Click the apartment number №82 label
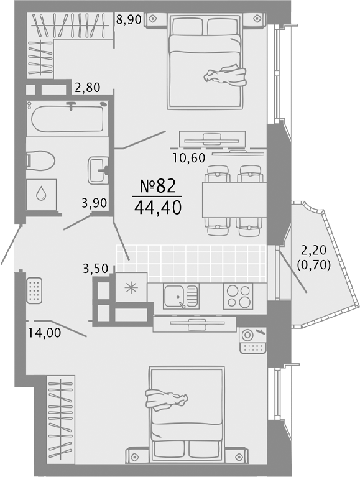[157, 186]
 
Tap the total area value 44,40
[157, 208]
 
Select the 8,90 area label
[129, 20]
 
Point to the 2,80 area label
[88, 88]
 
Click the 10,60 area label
[189, 157]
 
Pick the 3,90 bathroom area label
[95, 203]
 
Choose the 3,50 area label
[96, 269]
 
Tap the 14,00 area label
[45, 333]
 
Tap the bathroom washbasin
[98, 170]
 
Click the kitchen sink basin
[174, 296]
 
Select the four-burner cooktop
[238, 296]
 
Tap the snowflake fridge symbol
[131, 287]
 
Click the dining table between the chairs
[234, 200]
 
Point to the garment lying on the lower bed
[167, 399]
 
